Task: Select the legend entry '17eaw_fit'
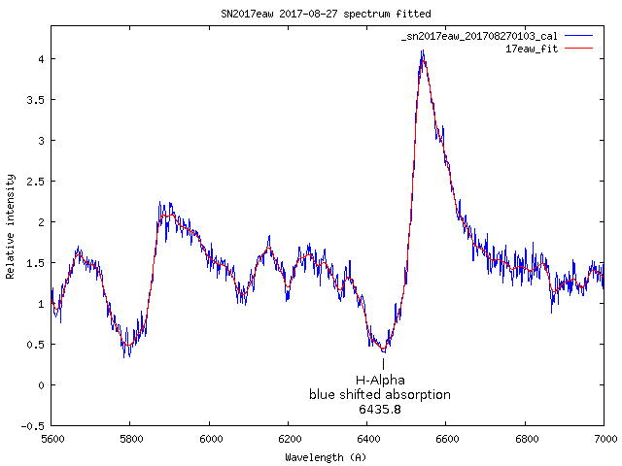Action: pos(533,48)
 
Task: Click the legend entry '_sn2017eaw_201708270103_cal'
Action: pos(478,36)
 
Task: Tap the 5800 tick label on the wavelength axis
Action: pos(130,439)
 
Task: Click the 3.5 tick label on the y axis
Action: pos(38,99)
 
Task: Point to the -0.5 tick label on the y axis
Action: pos(35,425)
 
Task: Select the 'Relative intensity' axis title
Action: pos(11,227)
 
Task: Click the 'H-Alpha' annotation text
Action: pos(380,380)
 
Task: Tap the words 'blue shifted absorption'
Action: pos(380,394)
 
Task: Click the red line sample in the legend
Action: pos(577,48)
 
